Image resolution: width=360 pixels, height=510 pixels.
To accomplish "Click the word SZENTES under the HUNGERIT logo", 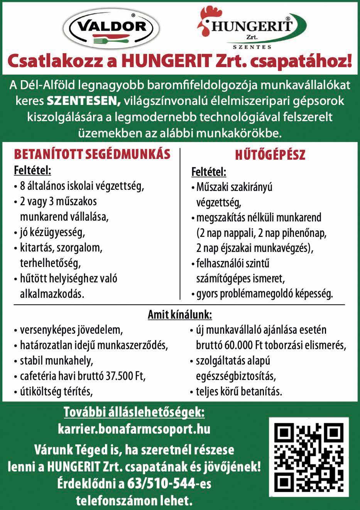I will pos(253,47).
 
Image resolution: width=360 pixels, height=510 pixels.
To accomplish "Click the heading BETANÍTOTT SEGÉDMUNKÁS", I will pos(92,154).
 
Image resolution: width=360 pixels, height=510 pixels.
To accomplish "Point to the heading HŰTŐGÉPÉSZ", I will pos(270,155).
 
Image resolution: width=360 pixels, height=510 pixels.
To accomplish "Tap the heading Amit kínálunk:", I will pos(180,315).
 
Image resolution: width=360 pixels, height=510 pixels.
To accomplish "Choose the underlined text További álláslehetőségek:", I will pos(134,412).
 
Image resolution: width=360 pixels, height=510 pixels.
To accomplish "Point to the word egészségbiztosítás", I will pos(236,376).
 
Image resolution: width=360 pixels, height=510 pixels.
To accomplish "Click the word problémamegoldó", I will pos(252,294).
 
